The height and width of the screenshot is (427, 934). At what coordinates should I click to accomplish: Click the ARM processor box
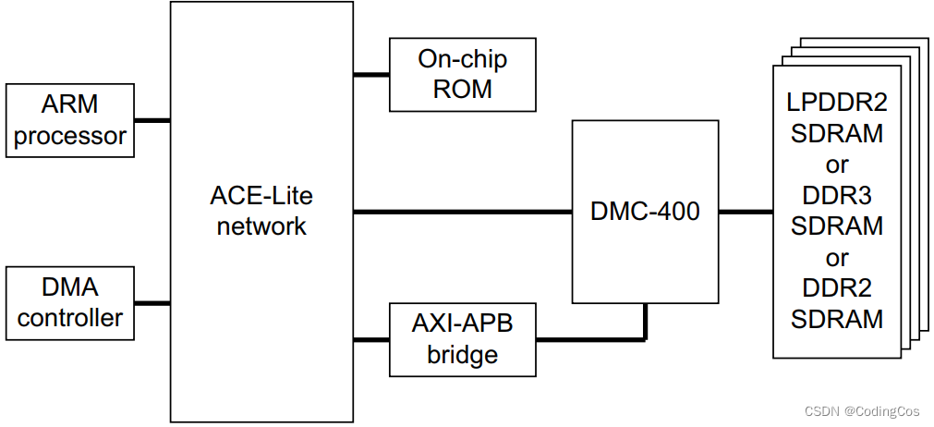[x=69, y=120]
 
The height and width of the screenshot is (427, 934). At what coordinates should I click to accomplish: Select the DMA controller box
[x=69, y=303]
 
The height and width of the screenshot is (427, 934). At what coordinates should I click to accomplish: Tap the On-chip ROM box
[x=463, y=75]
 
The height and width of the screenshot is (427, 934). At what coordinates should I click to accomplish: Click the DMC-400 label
[x=645, y=212]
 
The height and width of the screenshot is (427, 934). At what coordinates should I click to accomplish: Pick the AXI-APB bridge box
[x=463, y=339]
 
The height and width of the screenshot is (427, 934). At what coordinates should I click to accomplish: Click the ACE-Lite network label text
[x=261, y=212]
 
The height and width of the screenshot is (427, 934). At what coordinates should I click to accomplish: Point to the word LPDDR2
[x=836, y=103]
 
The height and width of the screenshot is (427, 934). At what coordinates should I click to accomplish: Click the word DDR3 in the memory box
[x=836, y=196]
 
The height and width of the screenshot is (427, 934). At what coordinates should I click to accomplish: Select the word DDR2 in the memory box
[x=836, y=288]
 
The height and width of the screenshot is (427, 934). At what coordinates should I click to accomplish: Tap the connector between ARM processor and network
[x=152, y=120]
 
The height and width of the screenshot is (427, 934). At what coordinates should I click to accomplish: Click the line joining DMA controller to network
[x=152, y=303]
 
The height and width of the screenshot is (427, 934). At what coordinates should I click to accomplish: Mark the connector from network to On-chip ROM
[x=371, y=75]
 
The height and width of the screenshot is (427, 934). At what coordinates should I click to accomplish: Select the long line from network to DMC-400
[x=462, y=212]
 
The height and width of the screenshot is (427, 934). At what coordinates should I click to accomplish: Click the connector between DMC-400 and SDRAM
[x=746, y=212]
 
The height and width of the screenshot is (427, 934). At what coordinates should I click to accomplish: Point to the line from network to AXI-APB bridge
[x=371, y=339]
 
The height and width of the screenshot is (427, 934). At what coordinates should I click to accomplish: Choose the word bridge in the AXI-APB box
[x=463, y=355]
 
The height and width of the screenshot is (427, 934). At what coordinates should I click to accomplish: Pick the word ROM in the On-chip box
[x=463, y=90]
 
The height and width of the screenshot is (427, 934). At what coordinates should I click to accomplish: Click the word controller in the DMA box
[x=69, y=318]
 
